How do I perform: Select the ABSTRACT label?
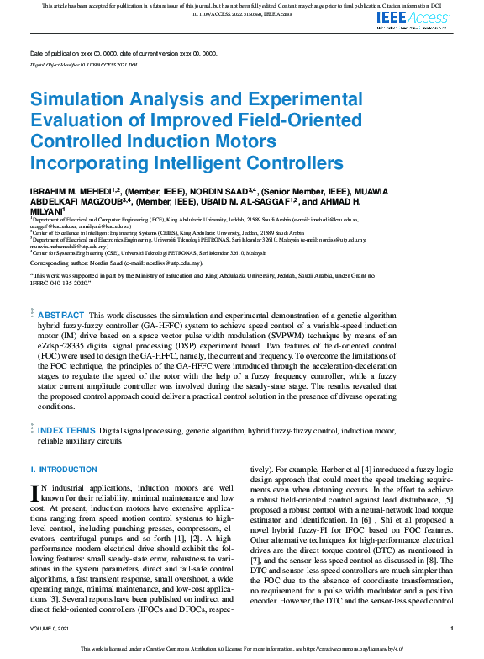tap(60, 314)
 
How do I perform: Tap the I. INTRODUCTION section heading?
tap(64, 469)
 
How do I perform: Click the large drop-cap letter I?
tap(34, 492)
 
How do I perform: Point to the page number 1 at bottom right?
tap(452, 629)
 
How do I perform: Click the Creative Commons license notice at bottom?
tap(242, 650)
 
